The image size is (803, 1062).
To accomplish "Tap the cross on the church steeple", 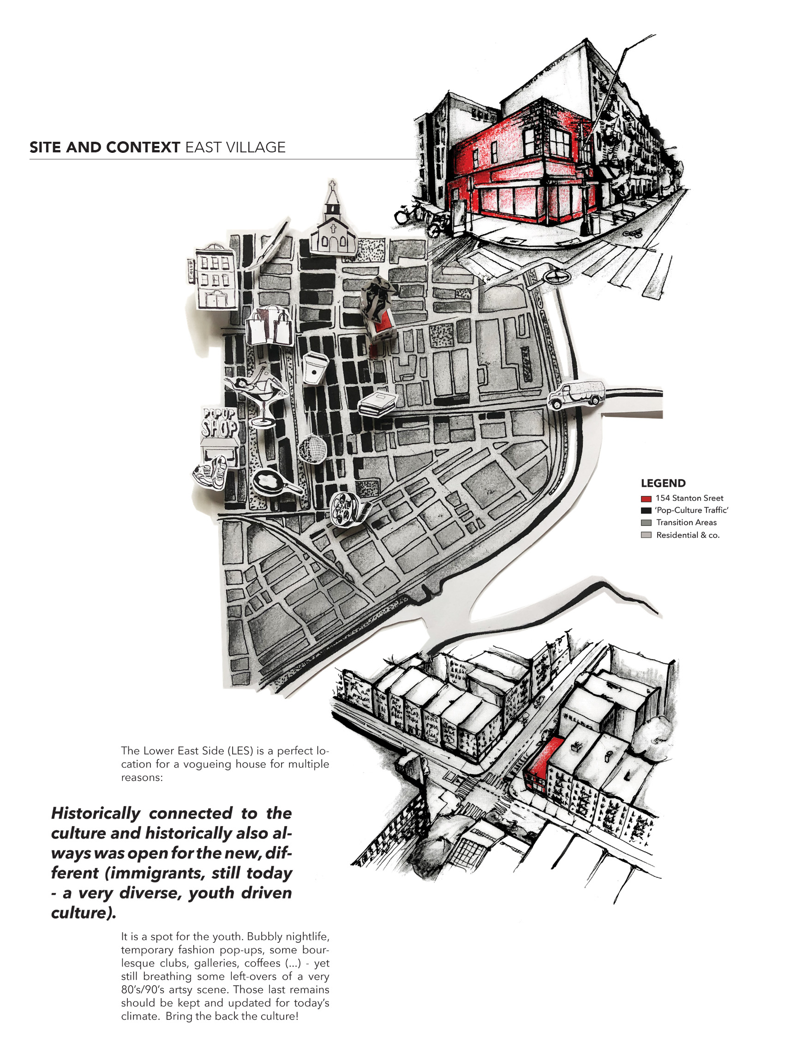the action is click(332, 185).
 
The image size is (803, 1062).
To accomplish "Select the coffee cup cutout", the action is click(315, 368).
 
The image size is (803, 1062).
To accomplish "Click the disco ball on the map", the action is click(312, 448).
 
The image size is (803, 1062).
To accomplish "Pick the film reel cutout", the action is click(346, 508).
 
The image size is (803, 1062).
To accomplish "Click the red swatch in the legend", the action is click(646, 498).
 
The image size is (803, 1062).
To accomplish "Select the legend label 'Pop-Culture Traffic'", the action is click(692, 510).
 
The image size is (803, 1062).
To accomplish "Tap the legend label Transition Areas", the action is click(686, 522).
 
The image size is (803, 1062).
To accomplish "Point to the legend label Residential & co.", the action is click(688, 535).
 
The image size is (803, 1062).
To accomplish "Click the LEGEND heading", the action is click(663, 483).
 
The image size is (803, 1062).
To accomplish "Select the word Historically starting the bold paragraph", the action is click(96, 813).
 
